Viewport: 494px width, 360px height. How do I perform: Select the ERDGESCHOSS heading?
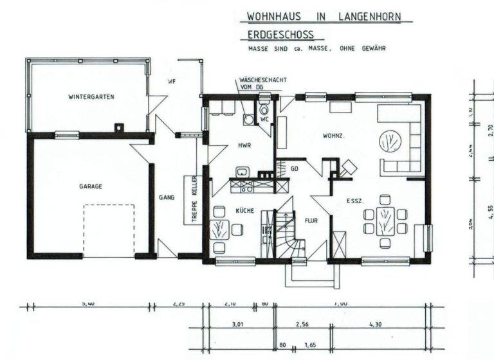click(281, 35)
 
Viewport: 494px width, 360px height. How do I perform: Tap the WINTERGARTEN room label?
click(91, 97)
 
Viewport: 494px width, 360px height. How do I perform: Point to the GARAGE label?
click(91, 186)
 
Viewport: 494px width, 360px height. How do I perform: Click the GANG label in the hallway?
click(167, 197)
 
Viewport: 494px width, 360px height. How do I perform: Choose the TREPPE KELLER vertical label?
click(191, 199)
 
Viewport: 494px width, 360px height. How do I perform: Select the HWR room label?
click(244, 146)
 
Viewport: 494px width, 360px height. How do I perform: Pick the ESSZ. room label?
click(355, 201)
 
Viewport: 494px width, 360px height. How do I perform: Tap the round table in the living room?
click(389, 141)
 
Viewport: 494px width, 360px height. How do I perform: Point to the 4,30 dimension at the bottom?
click(376, 325)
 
